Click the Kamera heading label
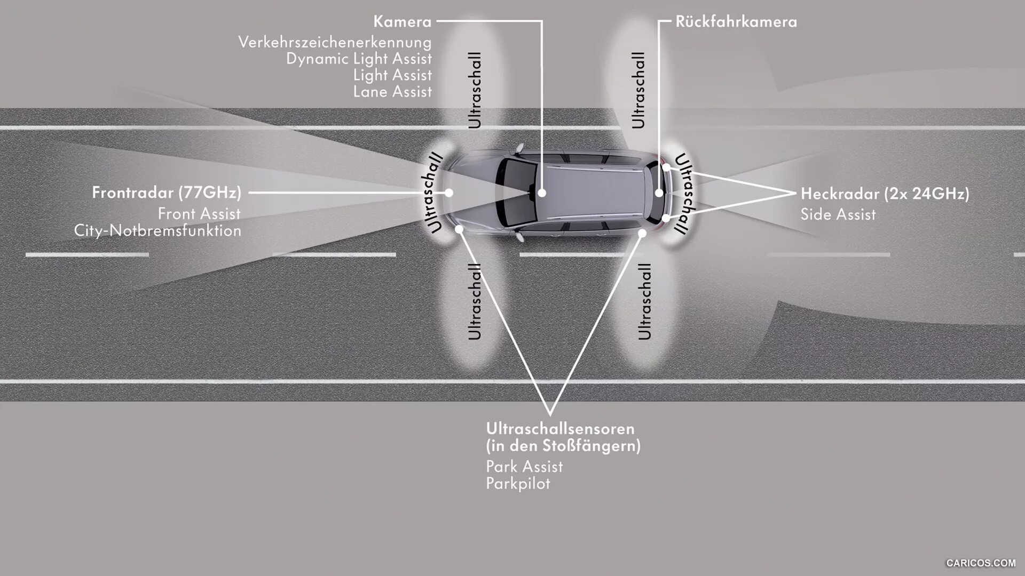coord(402,22)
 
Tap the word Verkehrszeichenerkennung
coord(335,42)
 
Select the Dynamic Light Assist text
coord(359,59)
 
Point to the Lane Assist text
coord(392,92)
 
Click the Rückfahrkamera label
coord(736,22)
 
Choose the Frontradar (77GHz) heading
coord(167,193)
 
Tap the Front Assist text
coord(199,214)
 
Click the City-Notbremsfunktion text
coord(157,230)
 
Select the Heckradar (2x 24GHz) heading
coord(885,194)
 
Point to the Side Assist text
coord(838,214)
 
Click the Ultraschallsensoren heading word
coord(560,429)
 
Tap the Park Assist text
coord(524,467)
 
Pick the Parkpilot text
coord(518,484)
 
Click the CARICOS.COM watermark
coord(981,563)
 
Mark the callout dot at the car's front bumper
coord(449,193)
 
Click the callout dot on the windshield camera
coord(542,193)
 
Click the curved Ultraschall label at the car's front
coord(435,193)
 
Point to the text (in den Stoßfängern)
coord(563,446)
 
